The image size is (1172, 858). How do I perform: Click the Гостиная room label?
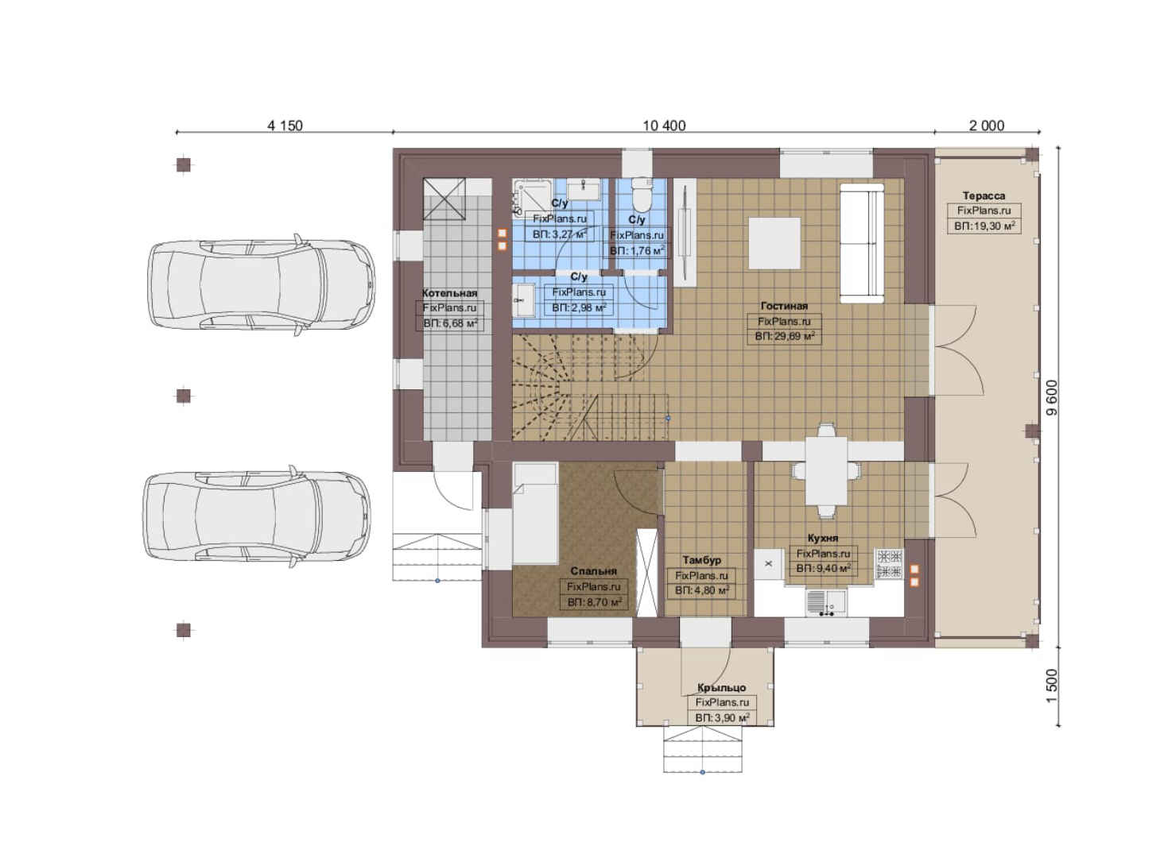tap(784, 306)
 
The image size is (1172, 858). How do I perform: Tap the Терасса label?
tap(984, 195)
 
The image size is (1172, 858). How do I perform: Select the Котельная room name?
tap(449, 293)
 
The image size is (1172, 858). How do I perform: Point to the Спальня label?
tap(593, 571)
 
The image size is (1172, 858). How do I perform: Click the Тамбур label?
tap(701, 560)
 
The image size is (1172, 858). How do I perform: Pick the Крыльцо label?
tap(721, 687)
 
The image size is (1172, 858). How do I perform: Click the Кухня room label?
tap(822, 538)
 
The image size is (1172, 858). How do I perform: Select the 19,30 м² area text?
tap(992, 226)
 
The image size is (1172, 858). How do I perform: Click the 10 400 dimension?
tap(664, 126)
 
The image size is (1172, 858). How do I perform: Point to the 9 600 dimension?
tap(1052, 397)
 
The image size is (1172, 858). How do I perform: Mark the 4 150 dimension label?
tap(285, 126)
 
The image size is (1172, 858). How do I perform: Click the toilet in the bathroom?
tap(642, 194)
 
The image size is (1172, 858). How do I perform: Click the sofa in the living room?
tap(862, 243)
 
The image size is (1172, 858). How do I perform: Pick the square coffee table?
tap(774, 243)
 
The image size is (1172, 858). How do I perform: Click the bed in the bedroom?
tap(535, 513)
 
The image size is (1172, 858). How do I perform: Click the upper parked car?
tap(261, 284)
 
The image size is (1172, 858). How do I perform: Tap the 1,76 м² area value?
tap(644, 250)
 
